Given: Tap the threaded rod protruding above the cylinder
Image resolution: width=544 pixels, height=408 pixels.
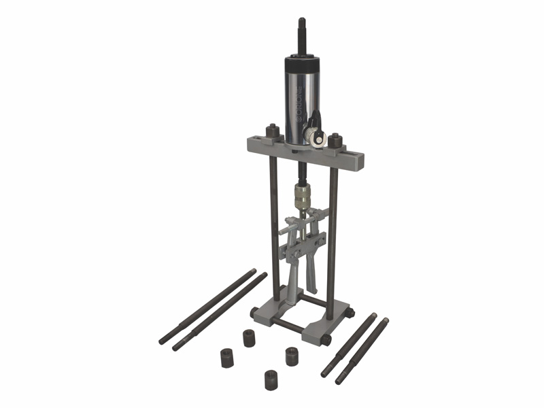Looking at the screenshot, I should point(300,31).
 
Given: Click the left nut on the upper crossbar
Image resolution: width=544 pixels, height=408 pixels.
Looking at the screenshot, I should point(271,131).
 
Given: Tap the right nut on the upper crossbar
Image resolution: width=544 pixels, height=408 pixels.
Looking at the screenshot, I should point(333,141).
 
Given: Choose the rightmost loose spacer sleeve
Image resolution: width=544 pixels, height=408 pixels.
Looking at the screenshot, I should point(291,356).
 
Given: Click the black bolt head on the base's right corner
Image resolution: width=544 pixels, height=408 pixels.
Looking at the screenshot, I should point(350,313).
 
